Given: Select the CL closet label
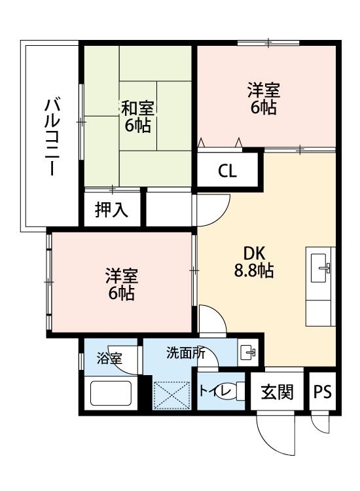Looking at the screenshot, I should click(227, 172).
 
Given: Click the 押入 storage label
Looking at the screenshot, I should click(111, 210).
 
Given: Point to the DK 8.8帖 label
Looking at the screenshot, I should click(254, 261).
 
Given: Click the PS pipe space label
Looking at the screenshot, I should click(322, 392).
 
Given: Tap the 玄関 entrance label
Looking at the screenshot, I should click(278, 392).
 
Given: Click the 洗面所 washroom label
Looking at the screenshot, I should click(185, 354).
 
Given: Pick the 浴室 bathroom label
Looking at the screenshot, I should click(109, 358).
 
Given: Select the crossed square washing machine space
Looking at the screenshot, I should click(171, 395).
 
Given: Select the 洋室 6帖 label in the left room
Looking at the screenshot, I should click(122, 284).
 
